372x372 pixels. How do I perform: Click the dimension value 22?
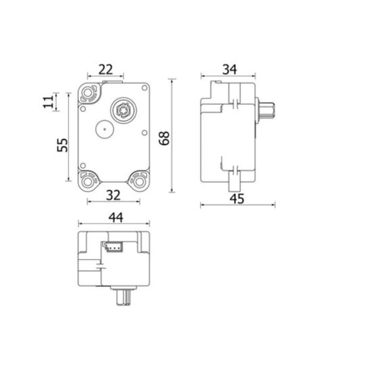pyautogui.click(x=106, y=70)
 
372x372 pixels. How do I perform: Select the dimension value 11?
pyautogui.click(x=49, y=102)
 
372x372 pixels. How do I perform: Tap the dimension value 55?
pyautogui.click(x=62, y=145)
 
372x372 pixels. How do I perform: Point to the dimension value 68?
pyautogui.click(x=164, y=138)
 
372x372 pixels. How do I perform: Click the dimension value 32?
pyautogui.click(x=113, y=195)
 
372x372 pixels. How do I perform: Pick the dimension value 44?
pyautogui.click(x=116, y=217)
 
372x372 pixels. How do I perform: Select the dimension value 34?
pyautogui.click(x=229, y=70)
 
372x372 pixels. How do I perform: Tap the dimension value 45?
pyautogui.click(x=237, y=199)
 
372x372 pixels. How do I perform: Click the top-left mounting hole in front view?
pyautogui.click(x=88, y=93)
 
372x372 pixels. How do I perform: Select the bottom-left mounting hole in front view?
pyautogui.click(x=88, y=182)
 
